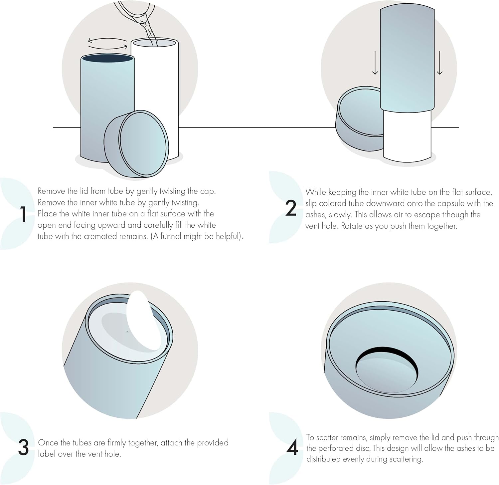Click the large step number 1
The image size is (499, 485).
coord(23,214)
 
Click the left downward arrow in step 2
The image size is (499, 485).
coord(375,63)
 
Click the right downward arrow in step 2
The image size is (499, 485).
coord(440,63)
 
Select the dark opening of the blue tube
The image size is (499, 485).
coord(108,59)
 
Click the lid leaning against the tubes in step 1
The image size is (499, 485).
coord(136,144)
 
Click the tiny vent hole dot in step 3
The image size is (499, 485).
coord(128,332)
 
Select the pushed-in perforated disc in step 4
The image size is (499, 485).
coord(387,370)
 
